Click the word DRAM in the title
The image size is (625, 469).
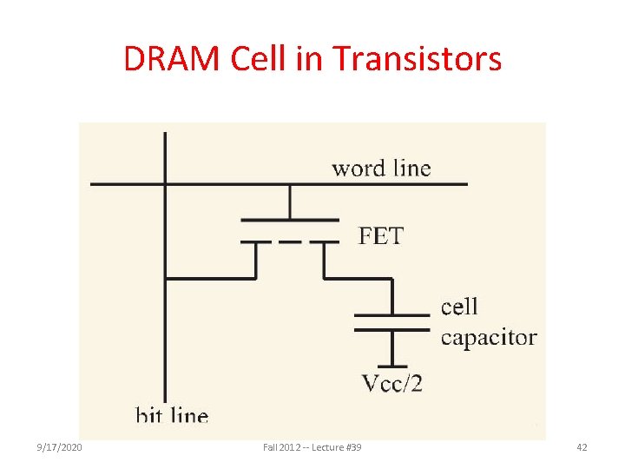pos(173,59)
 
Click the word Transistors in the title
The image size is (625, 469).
pos(417,59)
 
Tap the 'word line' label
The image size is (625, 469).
pos(380,168)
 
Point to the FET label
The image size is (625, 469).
pos(381,235)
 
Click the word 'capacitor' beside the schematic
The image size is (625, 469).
pos(489,337)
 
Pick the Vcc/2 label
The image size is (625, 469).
pos(391,382)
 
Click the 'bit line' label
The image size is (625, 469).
pos(172,415)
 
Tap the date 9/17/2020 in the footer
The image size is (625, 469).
pos(60,447)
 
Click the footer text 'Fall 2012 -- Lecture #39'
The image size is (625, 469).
pos(312,447)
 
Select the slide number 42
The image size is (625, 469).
pos(582,447)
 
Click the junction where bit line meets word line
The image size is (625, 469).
pos(165,183)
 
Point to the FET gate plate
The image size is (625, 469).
pos(289,219)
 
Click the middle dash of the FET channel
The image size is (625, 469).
pos(289,241)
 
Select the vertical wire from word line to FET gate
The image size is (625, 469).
pos(289,201)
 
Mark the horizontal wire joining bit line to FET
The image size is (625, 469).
pos(210,279)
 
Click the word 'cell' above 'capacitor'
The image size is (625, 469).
pos(459,306)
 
